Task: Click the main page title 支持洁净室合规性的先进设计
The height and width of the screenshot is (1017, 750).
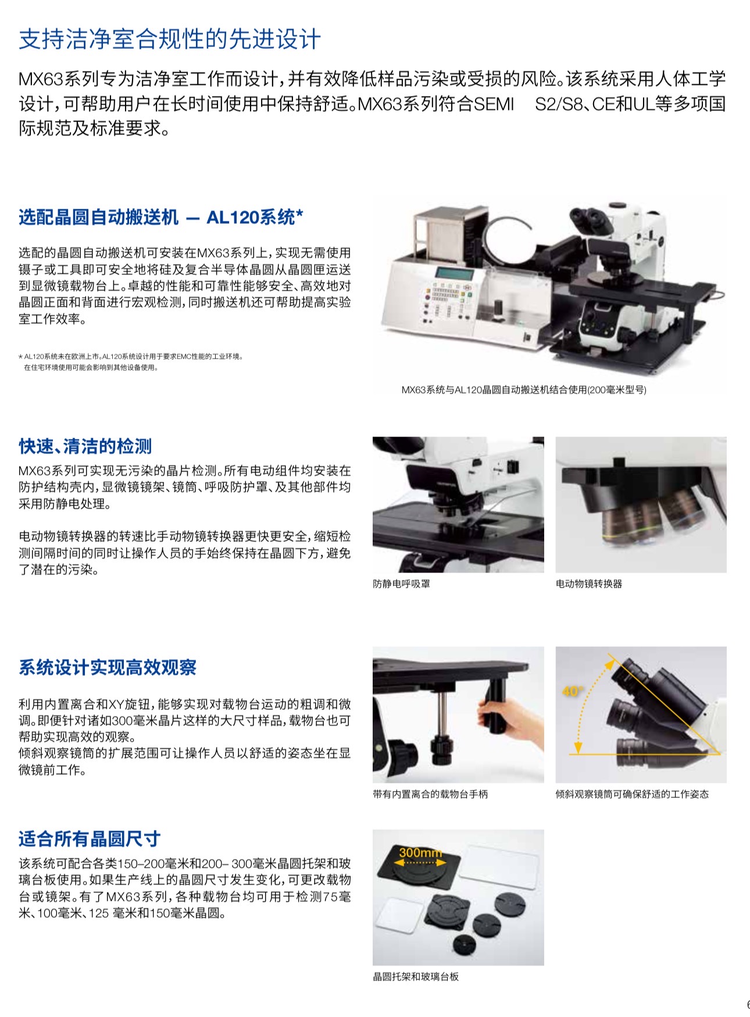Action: coord(170,39)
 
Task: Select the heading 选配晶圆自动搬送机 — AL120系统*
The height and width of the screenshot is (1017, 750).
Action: coord(161,217)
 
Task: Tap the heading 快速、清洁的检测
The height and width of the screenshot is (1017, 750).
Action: coord(85,446)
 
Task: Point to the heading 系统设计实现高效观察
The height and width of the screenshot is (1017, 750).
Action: coord(108,667)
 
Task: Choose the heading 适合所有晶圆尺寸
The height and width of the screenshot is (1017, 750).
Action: coord(90,839)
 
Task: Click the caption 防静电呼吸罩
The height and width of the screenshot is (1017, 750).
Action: coord(402,583)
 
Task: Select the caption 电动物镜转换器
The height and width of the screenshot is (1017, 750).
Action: coord(589,583)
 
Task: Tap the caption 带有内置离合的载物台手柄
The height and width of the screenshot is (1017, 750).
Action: coord(430,794)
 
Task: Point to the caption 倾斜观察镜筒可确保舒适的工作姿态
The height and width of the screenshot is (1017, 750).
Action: coord(632,794)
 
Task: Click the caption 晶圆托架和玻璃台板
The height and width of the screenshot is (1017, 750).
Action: coord(416,976)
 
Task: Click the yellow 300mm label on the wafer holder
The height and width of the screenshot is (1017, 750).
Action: coord(421,853)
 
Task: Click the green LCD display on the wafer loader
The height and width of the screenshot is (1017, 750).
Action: coord(453,273)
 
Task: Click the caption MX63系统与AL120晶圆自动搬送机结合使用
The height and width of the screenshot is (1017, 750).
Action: coord(524,389)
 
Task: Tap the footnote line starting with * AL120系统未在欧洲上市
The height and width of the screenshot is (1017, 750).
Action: coord(131,356)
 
